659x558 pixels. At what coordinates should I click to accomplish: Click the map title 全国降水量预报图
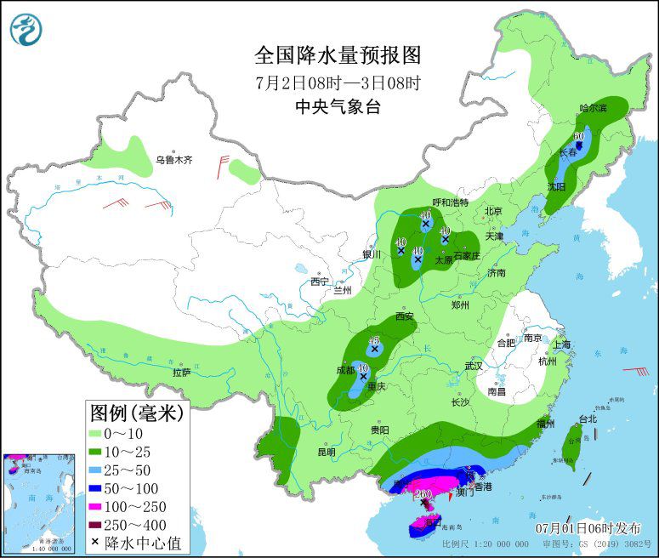click(x=338, y=55)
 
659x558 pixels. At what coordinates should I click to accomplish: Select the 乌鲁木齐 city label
click(x=173, y=159)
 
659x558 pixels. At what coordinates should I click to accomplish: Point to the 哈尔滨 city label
click(x=593, y=108)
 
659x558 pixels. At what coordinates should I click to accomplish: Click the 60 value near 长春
click(x=579, y=135)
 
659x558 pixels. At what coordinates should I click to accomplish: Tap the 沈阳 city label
click(x=556, y=185)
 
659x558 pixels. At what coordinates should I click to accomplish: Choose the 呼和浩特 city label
click(x=450, y=202)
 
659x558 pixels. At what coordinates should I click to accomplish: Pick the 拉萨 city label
click(x=182, y=372)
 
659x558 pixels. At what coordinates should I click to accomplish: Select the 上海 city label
click(x=561, y=344)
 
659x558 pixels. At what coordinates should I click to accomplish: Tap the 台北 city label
click(x=588, y=418)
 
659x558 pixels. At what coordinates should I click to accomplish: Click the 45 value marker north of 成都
click(x=372, y=340)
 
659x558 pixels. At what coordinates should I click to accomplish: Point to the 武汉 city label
click(x=473, y=365)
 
